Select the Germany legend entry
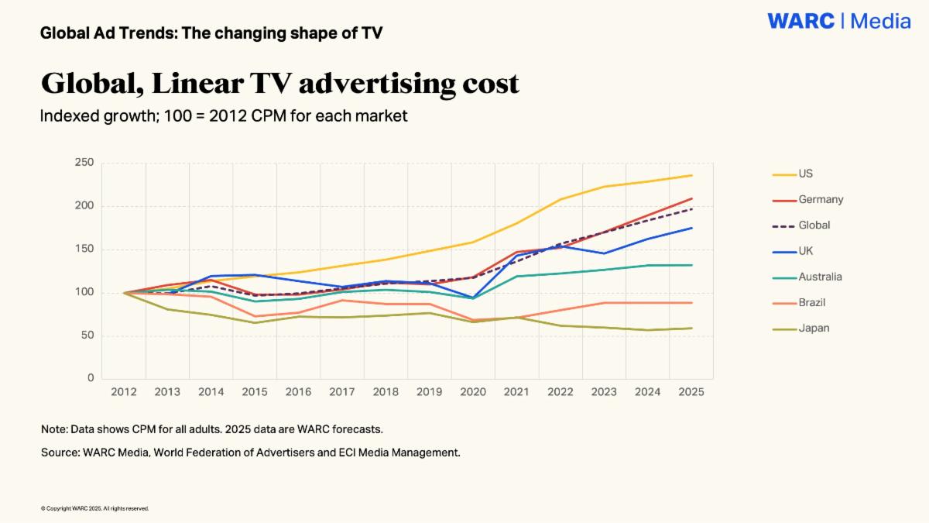point(808,200)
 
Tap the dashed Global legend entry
point(801,225)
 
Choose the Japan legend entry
point(800,329)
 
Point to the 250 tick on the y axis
point(84,162)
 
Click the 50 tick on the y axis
point(87,335)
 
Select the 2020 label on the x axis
point(473,392)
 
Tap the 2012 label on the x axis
point(124,392)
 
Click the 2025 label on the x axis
point(691,392)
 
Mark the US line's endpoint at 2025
point(692,175)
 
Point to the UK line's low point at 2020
point(473,298)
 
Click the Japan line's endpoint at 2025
point(692,329)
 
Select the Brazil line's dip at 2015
point(255,316)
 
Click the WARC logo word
point(800,21)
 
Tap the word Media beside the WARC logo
point(880,21)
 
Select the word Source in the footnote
point(60,452)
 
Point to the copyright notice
point(94,508)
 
